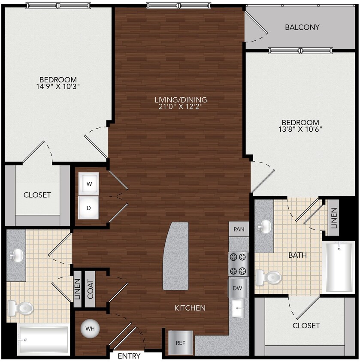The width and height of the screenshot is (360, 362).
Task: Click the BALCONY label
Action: pos(302,27)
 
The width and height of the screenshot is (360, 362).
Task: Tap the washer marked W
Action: pos(89,184)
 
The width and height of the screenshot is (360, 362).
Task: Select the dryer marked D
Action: pos(89,208)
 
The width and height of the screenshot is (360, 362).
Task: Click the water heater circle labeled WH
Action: pos(90,329)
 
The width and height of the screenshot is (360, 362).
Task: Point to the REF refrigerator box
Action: pos(180,343)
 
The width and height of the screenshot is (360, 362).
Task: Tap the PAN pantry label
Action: pos(239,229)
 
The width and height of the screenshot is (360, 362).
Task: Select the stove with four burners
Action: pos(238,264)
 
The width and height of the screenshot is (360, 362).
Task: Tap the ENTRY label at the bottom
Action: pos(129,356)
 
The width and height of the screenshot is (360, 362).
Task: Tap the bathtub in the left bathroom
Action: pos(43,340)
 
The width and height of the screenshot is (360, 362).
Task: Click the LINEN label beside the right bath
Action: pos(334,218)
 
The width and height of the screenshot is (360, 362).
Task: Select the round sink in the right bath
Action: pos(265,225)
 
